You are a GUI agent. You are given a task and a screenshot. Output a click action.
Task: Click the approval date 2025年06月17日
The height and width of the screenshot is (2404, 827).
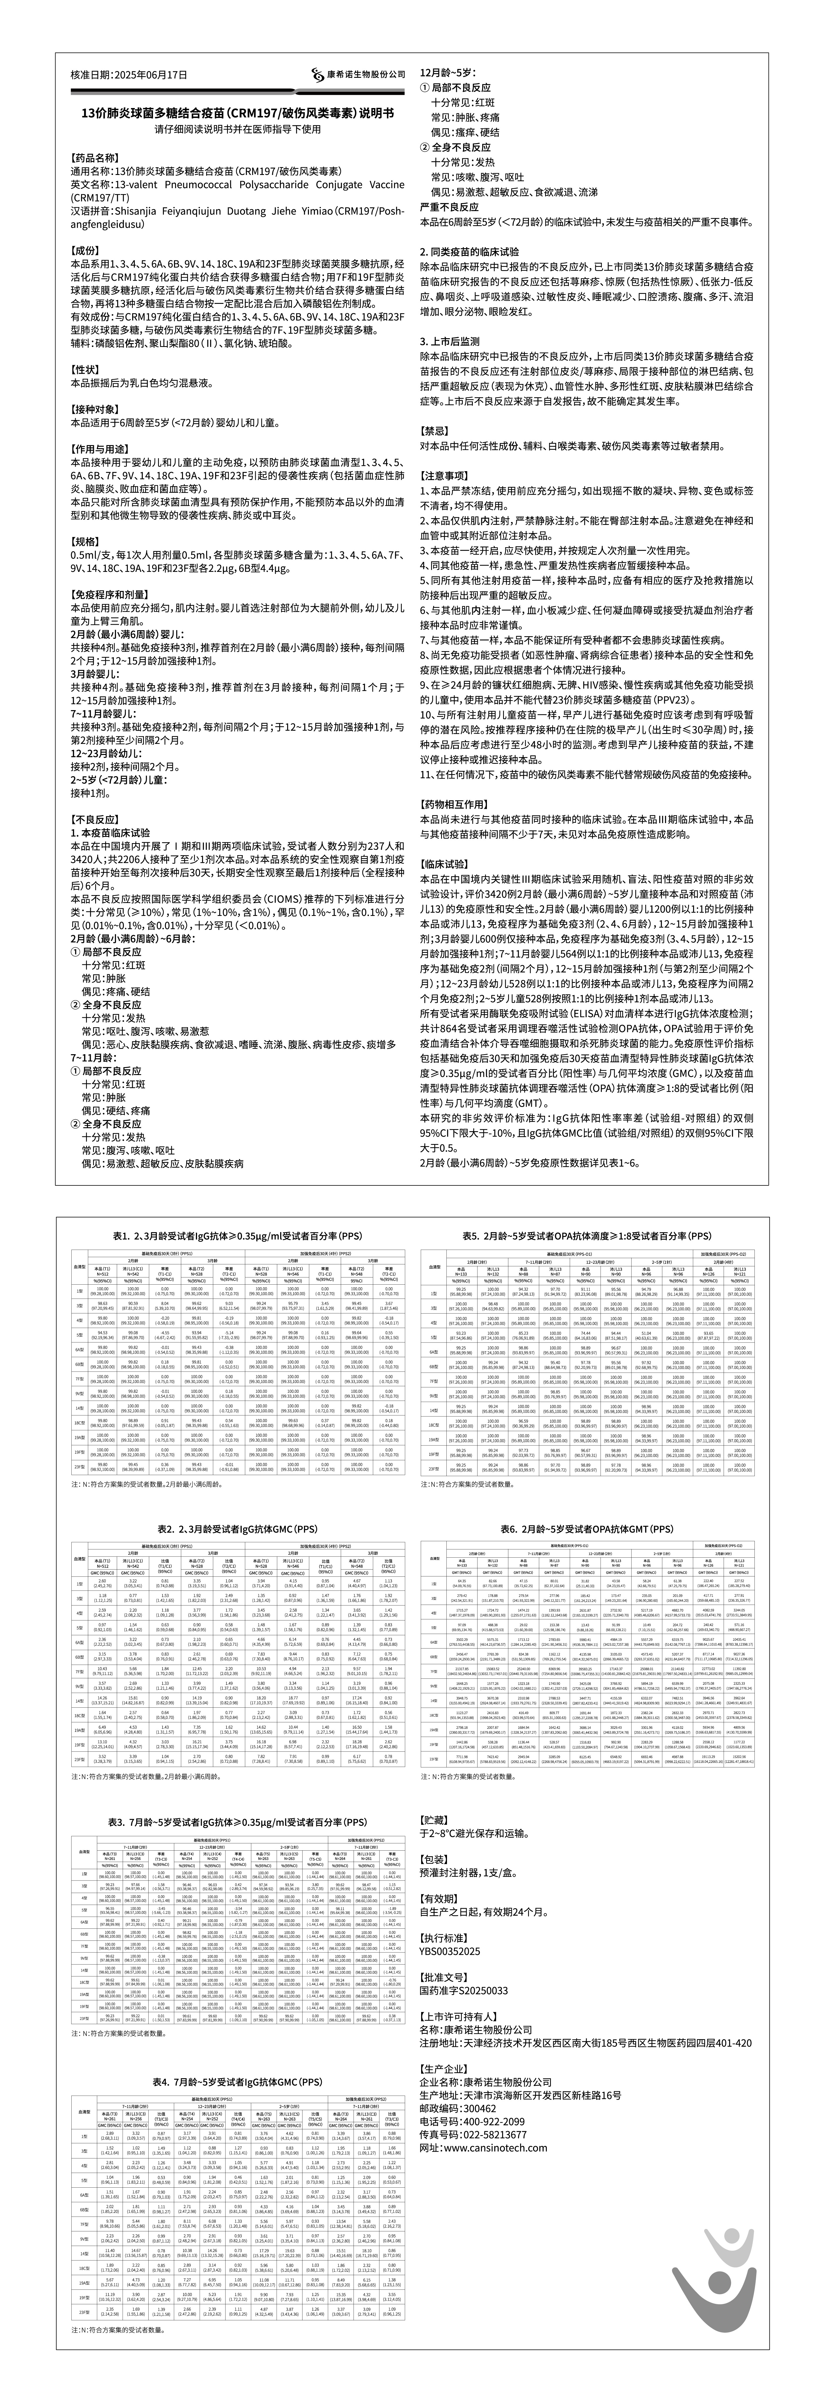tap(154, 75)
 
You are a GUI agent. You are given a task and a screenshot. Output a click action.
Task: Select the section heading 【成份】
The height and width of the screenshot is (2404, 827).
tap(86, 252)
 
